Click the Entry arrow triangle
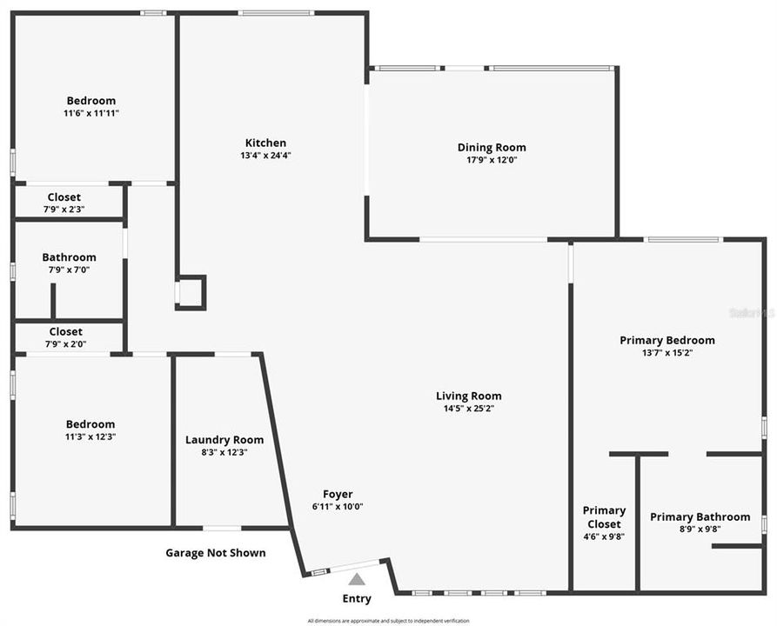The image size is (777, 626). [357, 579]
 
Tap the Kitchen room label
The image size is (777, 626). [265, 143]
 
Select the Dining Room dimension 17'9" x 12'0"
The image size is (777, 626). [492, 160]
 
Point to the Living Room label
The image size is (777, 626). [468, 396]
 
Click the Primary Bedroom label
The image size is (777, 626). [666, 340]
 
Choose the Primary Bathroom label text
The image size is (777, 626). [700, 516]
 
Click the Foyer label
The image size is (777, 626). [338, 494]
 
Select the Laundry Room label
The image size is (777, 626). [224, 440]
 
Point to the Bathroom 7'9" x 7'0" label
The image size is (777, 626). [69, 257]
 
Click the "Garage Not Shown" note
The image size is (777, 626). [216, 553]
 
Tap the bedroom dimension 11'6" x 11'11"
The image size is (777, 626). [91, 113]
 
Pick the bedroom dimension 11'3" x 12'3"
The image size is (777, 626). [90, 436]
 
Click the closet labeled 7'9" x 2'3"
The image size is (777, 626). [65, 197]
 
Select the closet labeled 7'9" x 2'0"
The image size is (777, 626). [65, 331]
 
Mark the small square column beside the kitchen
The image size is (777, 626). [191, 292]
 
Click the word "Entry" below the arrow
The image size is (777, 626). [357, 598]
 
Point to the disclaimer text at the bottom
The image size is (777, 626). [388, 621]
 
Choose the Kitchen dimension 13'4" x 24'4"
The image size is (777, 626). [265, 156]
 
